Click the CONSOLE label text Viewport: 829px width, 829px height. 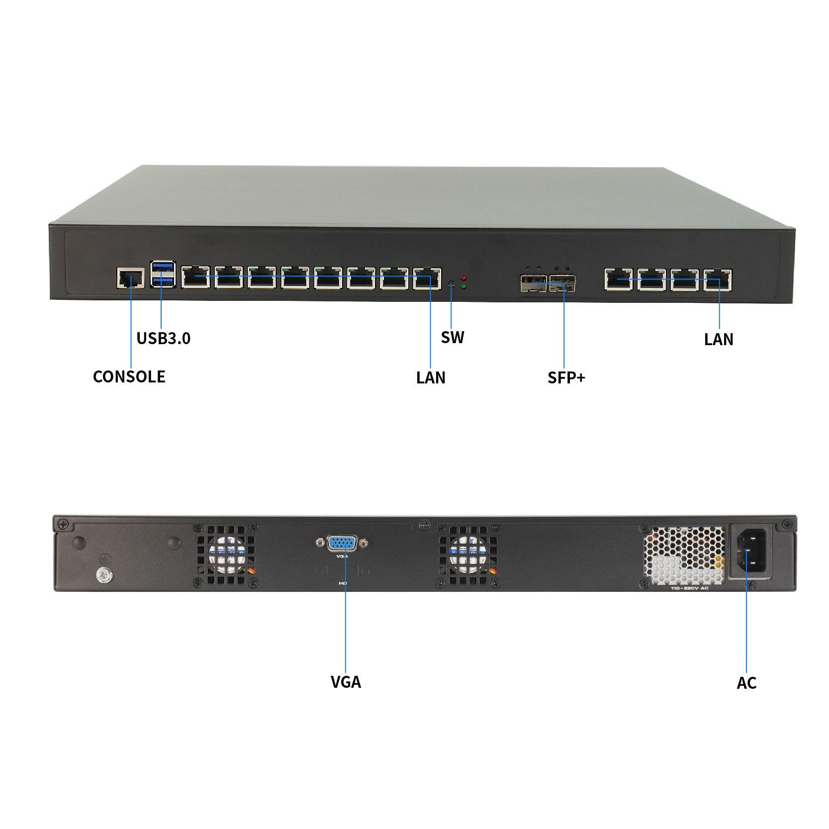point(129,376)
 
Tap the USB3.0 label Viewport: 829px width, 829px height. point(163,339)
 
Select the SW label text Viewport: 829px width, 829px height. point(452,338)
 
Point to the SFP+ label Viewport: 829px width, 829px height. point(566,377)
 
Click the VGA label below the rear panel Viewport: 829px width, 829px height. point(346,681)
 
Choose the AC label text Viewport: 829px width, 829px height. point(746,683)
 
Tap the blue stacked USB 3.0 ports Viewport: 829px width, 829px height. point(163,275)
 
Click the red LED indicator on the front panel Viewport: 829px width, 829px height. point(463,277)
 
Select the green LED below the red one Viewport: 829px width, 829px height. point(463,286)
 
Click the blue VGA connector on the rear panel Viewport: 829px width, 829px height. point(342,543)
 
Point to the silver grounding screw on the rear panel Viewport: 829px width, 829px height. point(103,575)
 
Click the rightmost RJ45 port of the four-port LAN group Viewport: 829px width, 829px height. point(717,279)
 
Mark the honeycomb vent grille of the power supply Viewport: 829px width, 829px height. point(684,556)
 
